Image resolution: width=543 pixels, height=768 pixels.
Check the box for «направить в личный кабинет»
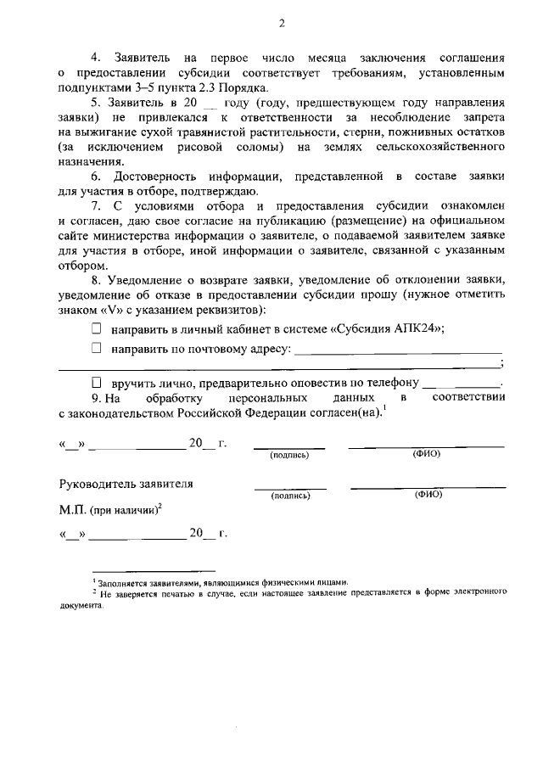[96, 329]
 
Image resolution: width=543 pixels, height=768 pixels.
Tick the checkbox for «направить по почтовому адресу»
[96, 348]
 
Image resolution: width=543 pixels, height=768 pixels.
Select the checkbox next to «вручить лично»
[96, 383]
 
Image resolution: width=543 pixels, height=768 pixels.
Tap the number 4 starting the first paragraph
[95, 57]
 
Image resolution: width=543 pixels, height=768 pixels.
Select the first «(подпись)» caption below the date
[288, 455]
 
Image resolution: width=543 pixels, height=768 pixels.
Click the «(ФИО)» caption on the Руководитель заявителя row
[428, 494]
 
